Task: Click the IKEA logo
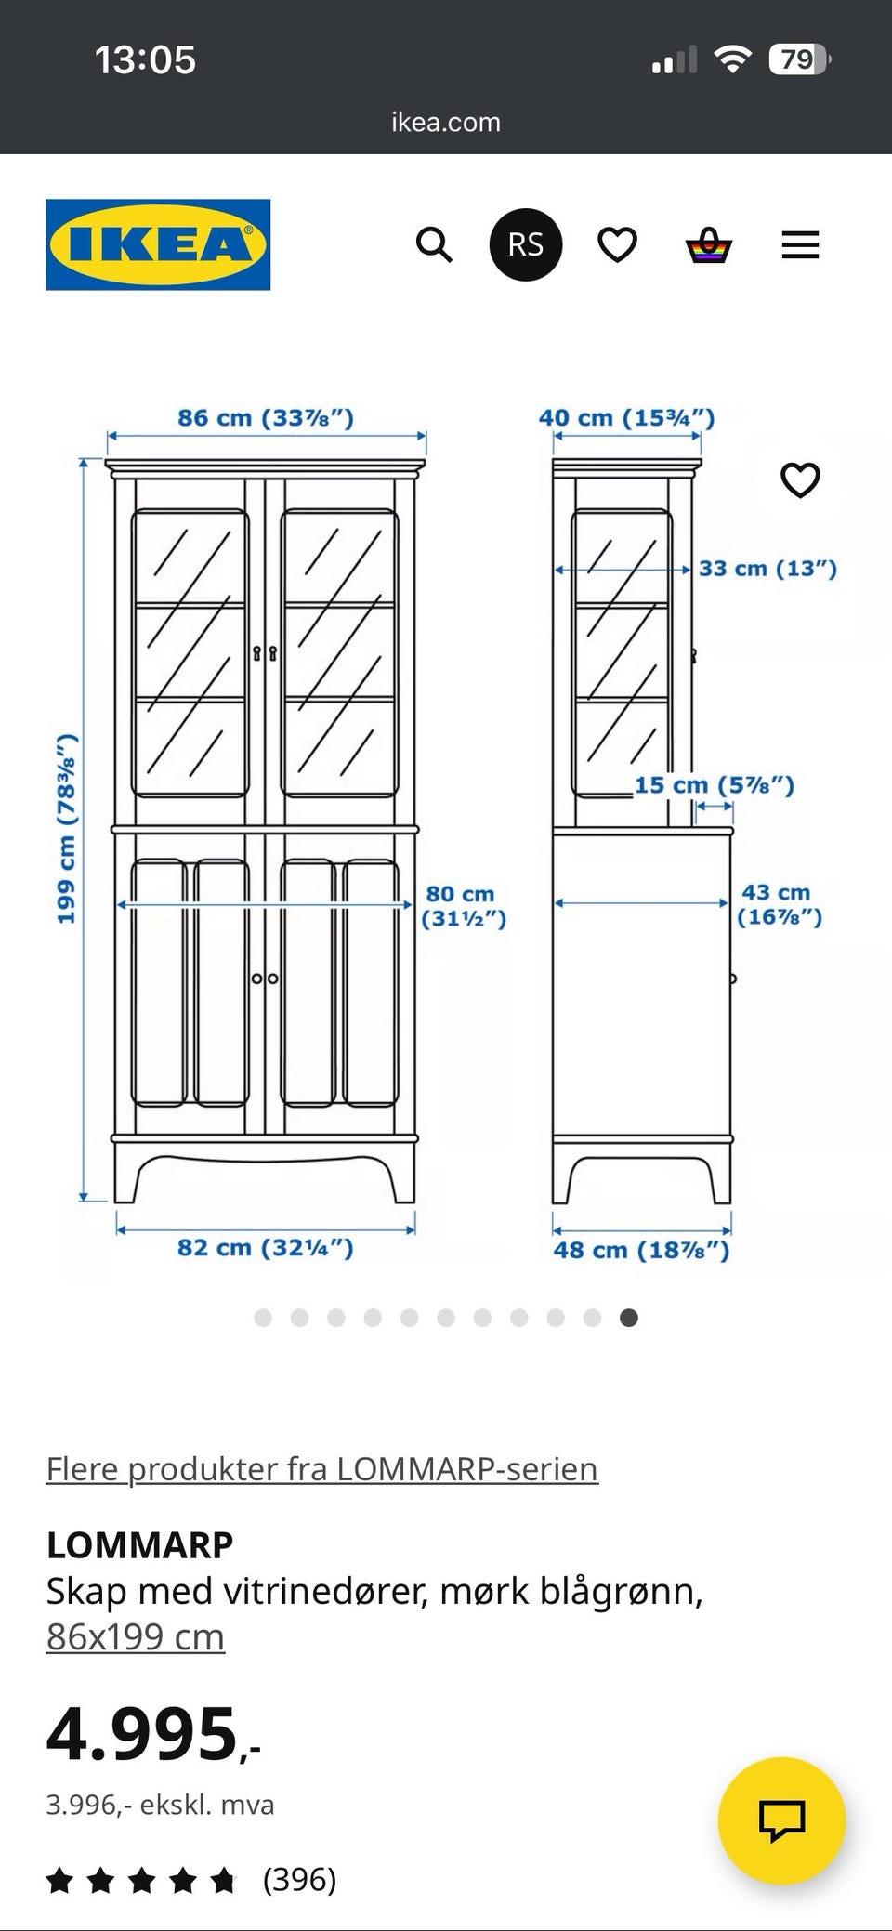tap(158, 244)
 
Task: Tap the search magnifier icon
tap(434, 245)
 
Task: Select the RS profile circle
tap(526, 244)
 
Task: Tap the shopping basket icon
tap(709, 245)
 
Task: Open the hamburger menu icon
tap(800, 245)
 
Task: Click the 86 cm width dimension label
tap(266, 418)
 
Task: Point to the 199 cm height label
tap(66, 829)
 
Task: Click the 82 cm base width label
tap(266, 1247)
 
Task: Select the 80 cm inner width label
tap(464, 906)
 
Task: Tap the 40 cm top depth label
tap(627, 418)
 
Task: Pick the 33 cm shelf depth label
tap(767, 568)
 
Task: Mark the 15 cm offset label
tap(715, 785)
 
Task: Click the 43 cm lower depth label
tap(780, 904)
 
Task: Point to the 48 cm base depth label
tap(641, 1250)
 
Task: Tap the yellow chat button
tap(781, 1820)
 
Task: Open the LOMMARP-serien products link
tap(322, 1468)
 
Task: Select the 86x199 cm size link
tap(136, 1636)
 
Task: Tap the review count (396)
tap(299, 1879)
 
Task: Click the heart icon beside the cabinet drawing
tap(800, 479)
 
